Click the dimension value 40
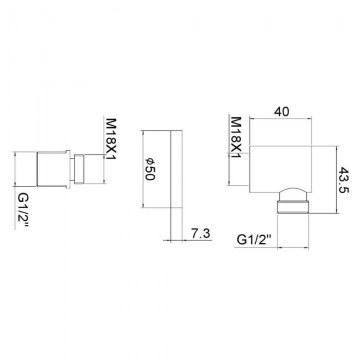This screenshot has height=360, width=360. (282, 111)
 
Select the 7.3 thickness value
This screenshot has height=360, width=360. (201, 234)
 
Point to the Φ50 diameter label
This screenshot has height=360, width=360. (150, 169)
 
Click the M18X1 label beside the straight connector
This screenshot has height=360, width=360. (110, 139)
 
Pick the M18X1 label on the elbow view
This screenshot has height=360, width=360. (236, 137)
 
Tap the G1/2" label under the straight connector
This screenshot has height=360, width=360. (23, 209)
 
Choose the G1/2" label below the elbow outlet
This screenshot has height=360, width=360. (254, 239)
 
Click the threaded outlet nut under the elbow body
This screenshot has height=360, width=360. (293, 206)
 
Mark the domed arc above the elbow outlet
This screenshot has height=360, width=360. (293, 187)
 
